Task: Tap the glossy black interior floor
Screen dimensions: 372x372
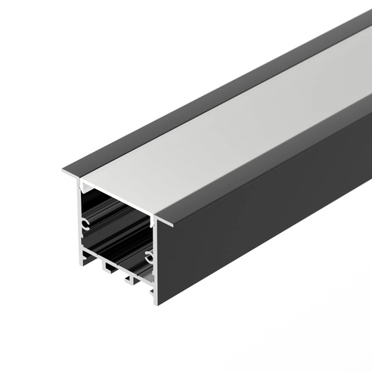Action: (121, 257)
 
